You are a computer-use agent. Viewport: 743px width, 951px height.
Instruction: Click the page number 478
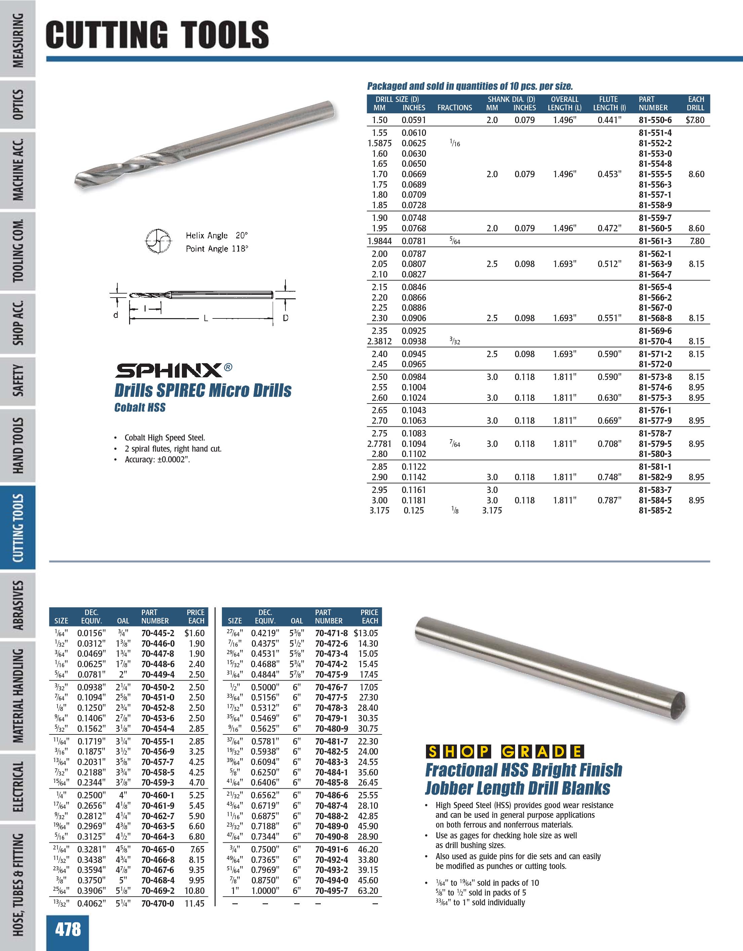68,929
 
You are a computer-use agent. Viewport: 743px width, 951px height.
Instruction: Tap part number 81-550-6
655,120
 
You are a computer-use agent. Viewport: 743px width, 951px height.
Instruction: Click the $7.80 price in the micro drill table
695,120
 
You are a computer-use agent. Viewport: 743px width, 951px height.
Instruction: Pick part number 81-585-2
655,510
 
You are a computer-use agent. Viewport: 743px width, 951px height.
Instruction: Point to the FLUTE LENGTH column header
609,104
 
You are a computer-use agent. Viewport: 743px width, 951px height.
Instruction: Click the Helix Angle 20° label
216,236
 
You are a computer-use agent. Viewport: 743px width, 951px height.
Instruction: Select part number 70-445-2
158,633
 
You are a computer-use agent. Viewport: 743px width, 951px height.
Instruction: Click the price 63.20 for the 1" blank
368,890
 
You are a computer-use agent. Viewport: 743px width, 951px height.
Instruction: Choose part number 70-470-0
158,904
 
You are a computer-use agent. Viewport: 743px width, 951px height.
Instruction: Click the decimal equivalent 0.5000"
265,687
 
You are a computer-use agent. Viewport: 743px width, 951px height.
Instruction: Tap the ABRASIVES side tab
18,605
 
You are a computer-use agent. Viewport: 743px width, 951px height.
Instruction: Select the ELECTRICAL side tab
18,787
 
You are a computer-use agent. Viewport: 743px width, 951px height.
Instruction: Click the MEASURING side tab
18,40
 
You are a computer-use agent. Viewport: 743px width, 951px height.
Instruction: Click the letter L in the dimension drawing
205,318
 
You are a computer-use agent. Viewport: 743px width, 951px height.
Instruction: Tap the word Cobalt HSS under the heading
140,408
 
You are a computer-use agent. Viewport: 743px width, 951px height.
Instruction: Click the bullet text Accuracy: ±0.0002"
158,459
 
